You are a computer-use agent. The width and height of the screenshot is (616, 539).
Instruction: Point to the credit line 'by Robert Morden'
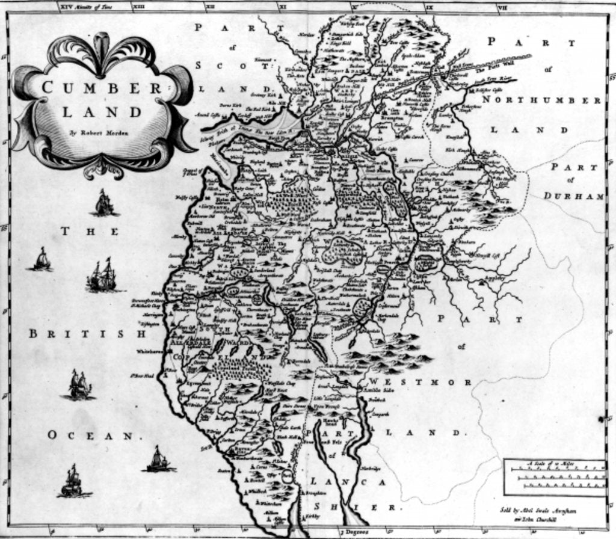(100, 131)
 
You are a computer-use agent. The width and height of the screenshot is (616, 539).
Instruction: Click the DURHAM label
(573, 196)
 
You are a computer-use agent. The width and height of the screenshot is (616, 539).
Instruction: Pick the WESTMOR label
(421, 382)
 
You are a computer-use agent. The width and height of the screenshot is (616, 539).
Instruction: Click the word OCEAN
(90, 435)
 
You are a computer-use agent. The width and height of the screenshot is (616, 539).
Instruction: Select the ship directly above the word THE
(103, 203)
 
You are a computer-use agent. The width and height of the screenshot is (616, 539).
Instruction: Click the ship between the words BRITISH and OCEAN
(79, 385)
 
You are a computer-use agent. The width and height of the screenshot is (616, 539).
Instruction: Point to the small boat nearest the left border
(41, 259)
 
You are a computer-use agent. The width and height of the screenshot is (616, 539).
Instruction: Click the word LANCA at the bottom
(348, 482)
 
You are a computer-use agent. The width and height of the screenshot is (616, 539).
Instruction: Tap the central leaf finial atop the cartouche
(102, 44)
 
